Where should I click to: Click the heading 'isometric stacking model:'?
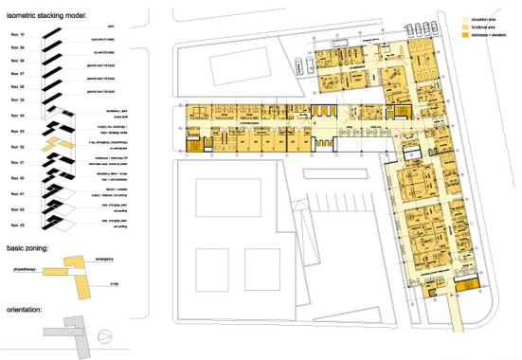click(x=47, y=17)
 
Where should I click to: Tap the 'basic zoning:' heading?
click(x=30, y=249)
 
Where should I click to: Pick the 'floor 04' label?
click(x=15, y=115)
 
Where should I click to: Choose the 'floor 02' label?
click(x=15, y=146)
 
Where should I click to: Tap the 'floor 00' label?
click(x=15, y=176)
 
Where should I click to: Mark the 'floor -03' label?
click(x=15, y=224)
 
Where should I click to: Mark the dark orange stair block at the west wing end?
click(x=195, y=143)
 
